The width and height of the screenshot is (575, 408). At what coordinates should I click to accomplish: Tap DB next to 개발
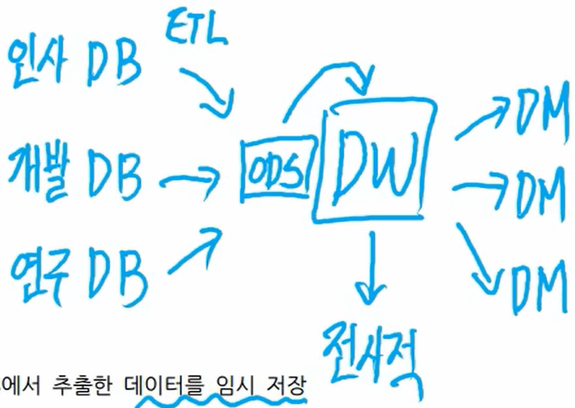115,172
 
